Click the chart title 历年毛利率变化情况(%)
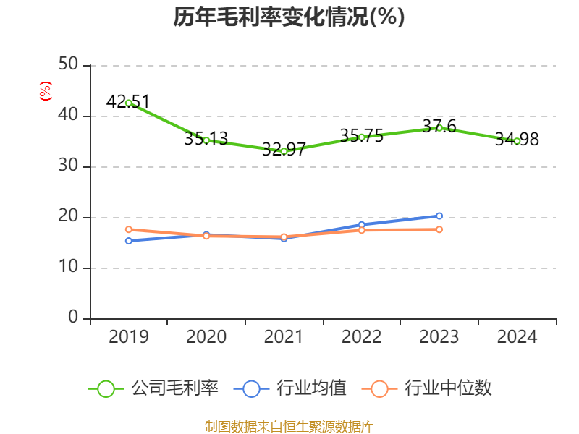point(289,17)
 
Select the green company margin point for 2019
point(129,103)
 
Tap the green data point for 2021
point(284,151)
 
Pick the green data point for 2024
point(517,141)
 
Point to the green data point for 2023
point(439,128)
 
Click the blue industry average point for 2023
point(439,216)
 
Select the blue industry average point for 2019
point(129,241)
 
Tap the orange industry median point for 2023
point(439,229)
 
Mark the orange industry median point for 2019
point(129,229)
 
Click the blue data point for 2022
point(362,224)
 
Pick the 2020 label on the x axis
point(206,337)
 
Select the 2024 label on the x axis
point(517,337)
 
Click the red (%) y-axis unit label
point(45,92)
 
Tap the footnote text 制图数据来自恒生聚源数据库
point(289,426)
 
